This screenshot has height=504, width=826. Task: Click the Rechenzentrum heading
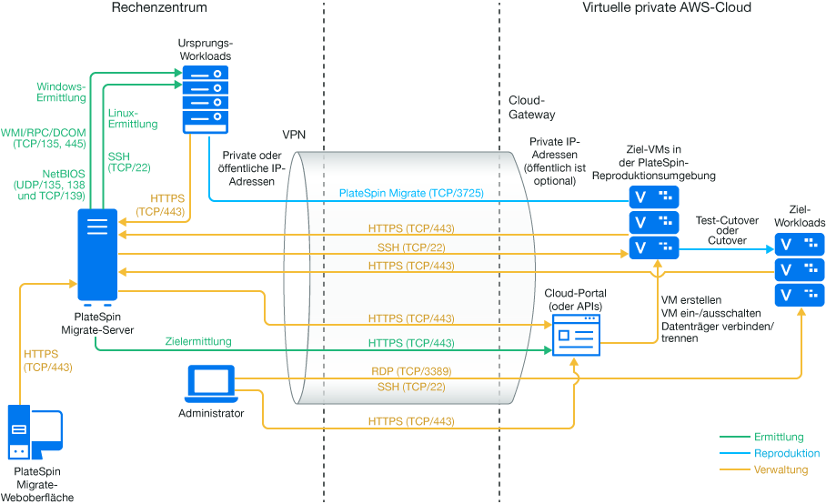click(159, 8)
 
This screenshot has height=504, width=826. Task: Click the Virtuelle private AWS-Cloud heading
click(667, 8)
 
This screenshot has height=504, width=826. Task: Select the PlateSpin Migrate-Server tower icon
click(96, 256)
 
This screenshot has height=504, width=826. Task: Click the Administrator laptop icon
click(211, 385)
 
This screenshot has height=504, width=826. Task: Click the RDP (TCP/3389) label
click(411, 370)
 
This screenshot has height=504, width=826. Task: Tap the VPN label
click(294, 134)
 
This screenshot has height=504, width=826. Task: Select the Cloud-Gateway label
click(531, 107)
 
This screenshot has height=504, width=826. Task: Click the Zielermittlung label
click(198, 342)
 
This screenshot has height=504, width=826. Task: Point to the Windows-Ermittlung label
click(60, 91)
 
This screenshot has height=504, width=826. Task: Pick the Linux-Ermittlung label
click(133, 118)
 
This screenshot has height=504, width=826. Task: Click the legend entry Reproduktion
click(786, 453)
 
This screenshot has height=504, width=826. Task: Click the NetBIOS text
click(62, 172)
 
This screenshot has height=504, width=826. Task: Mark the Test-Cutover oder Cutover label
click(720, 230)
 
